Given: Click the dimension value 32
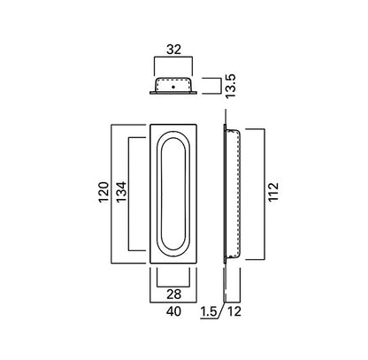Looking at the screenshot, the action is click(173, 50).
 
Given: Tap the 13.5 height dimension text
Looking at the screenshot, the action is click(230, 86).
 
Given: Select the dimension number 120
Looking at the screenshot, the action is click(103, 192).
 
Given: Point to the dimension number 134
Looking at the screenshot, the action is click(121, 192).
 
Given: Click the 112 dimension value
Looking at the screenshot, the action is click(273, 192).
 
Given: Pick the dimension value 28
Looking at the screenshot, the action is click(174, 295).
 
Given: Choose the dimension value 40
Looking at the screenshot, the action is click(173, 311).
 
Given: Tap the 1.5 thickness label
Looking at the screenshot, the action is click(209, 311).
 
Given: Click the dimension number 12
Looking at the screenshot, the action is click(234, 311).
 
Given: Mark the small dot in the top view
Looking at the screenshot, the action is click(173, 87).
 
